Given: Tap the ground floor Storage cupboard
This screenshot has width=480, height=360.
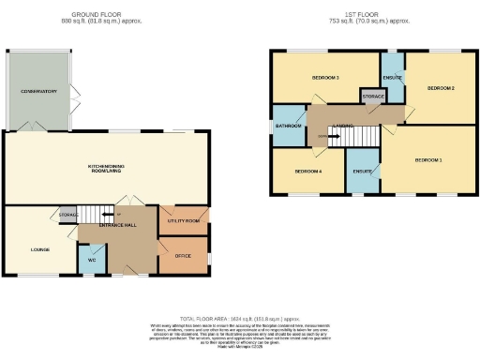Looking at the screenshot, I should [x=67, y=216].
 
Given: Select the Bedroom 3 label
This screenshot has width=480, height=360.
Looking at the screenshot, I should [x=325, y=77].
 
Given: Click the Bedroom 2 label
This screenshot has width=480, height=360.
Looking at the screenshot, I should [x=441, y=88].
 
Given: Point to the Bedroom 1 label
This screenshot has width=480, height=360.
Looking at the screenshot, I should [x=427, y=160].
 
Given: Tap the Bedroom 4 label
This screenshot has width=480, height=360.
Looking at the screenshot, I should [x=307, y=172].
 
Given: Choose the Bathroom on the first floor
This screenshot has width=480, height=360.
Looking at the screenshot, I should [x=287, y=126].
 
